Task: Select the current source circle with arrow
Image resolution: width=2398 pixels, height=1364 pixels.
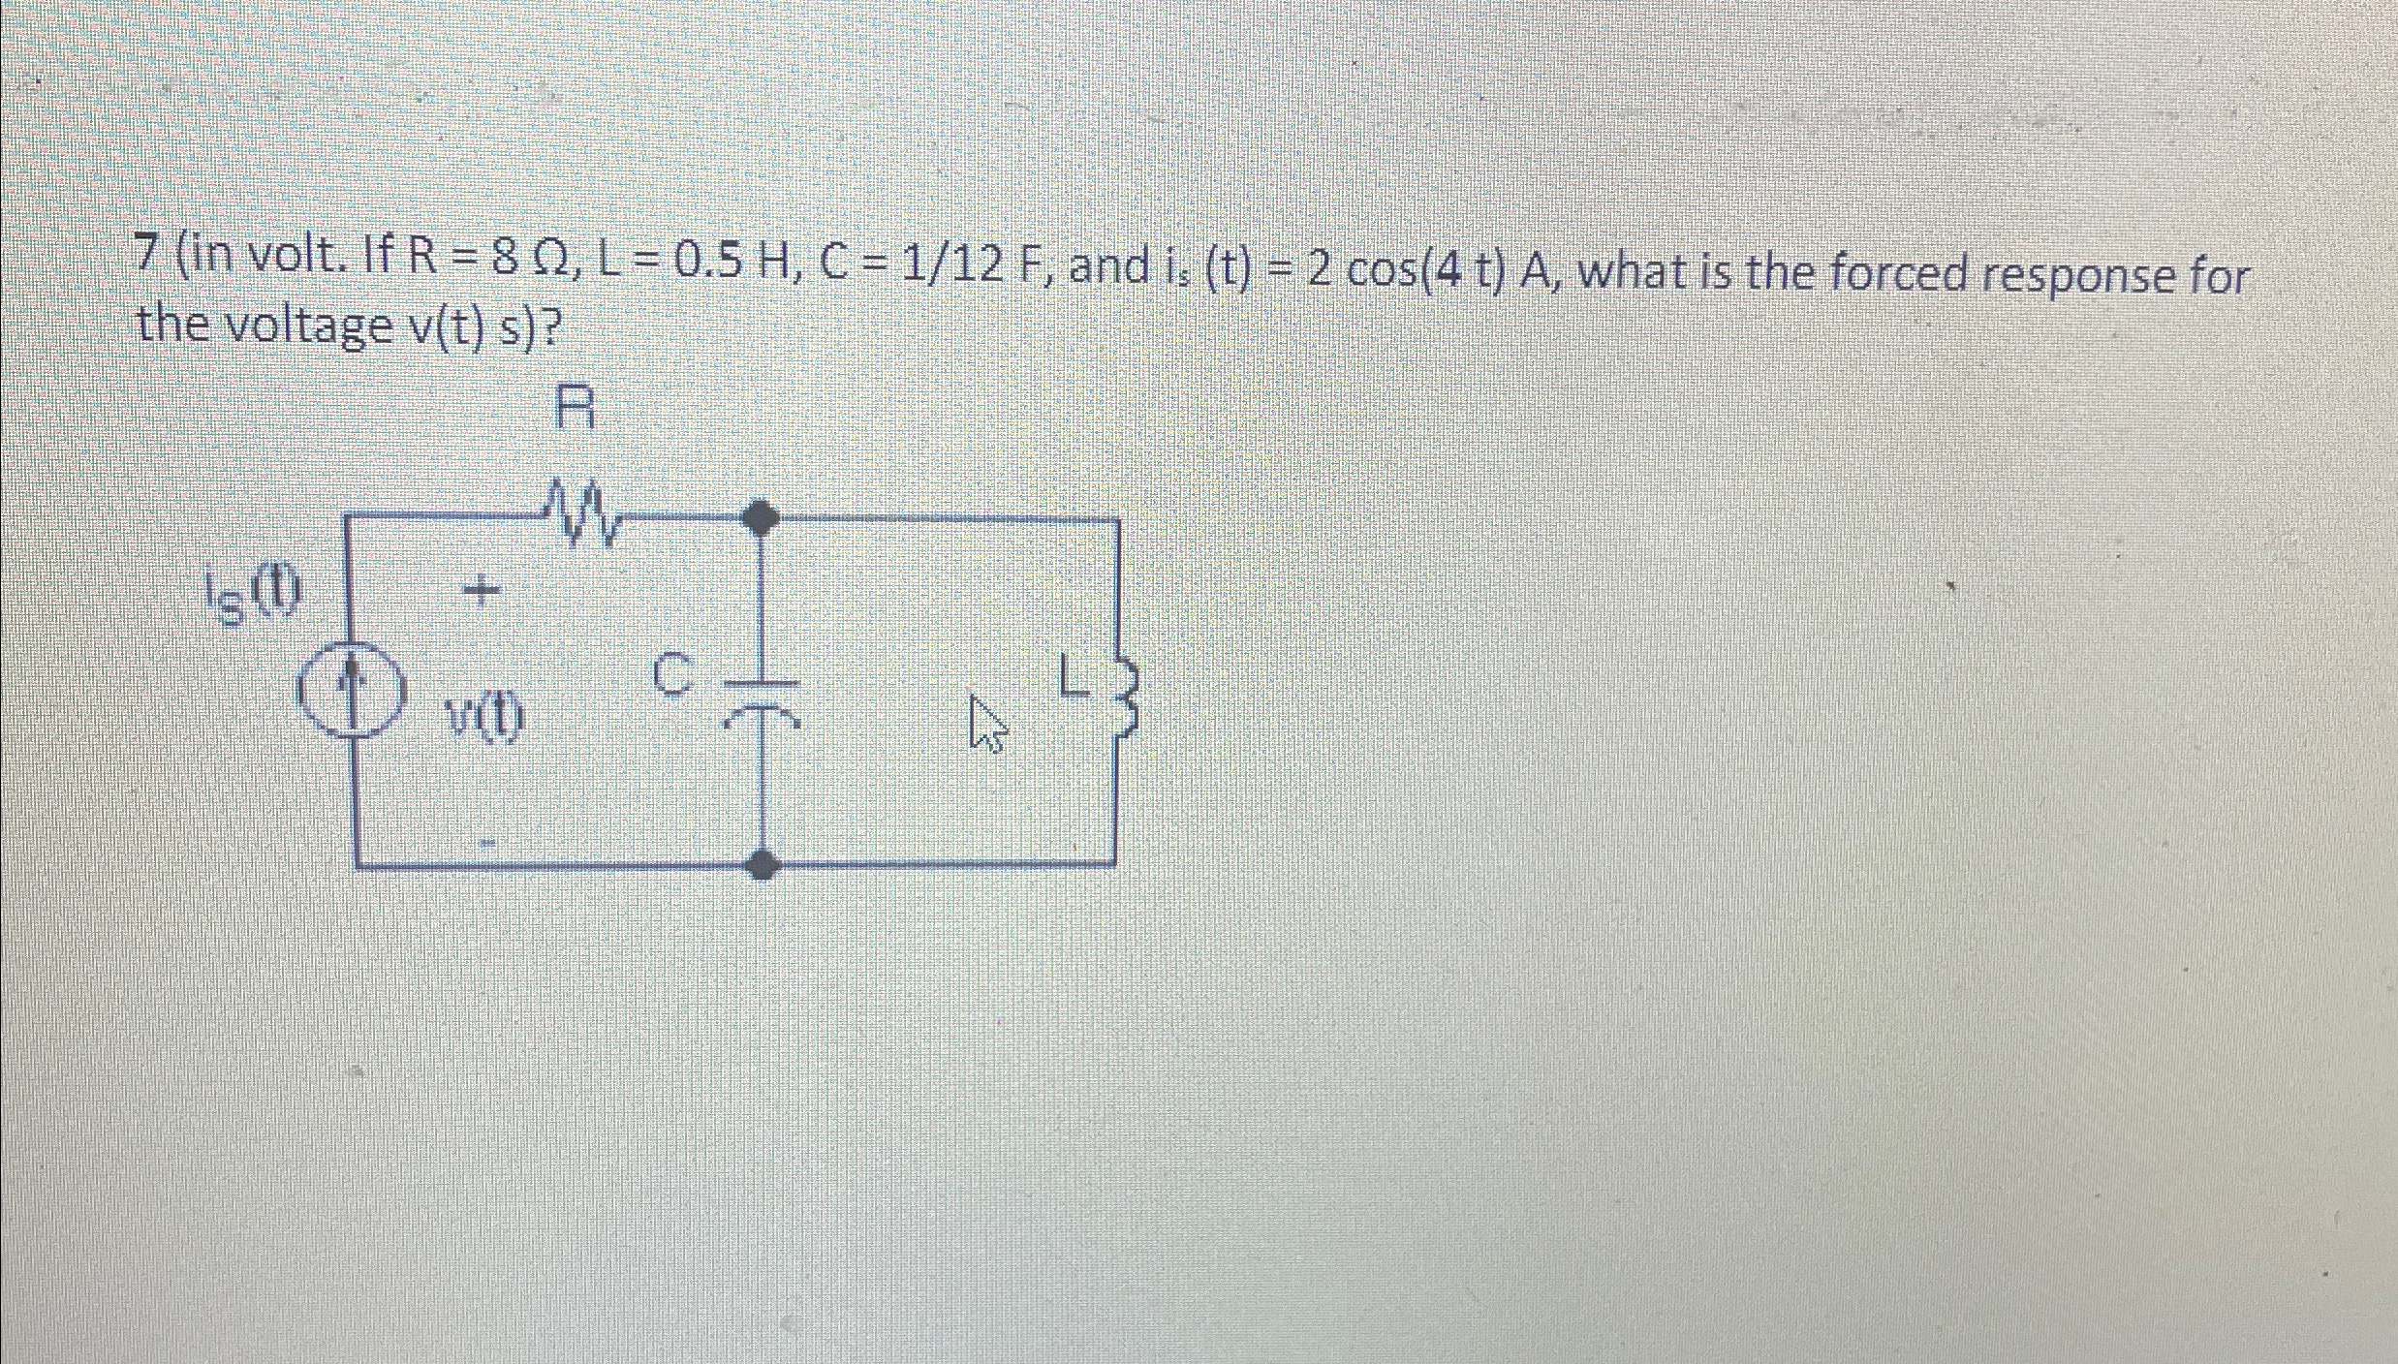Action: [x=350, y=693]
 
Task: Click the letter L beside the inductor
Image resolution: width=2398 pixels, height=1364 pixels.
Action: [x=1070, y=676]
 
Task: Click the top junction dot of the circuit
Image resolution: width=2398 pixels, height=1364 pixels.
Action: [x=761, y=517]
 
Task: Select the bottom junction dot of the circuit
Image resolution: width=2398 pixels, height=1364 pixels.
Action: [x=763, y=862]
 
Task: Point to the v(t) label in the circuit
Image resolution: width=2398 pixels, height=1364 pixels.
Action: [x=484, y=719]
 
